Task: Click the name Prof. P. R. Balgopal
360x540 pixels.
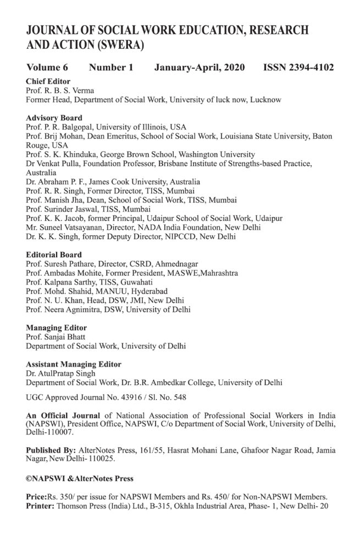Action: tap(58, 127)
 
